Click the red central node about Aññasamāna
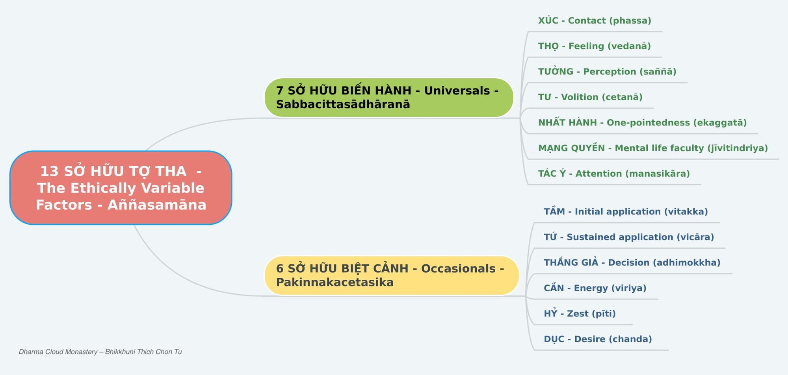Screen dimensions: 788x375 click(121, 188)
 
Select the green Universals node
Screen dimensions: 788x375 click(389, 98)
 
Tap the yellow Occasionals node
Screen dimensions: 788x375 click(392, 275)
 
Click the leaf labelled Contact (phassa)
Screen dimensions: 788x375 click(595, 20)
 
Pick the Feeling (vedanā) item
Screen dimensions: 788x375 click(595, 46)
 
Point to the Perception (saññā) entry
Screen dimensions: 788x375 click(607, 72)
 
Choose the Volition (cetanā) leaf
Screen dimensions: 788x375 click(590, 97)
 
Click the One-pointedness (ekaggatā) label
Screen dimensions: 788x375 click(643, 123)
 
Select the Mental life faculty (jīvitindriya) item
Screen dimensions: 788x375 click(653, 148)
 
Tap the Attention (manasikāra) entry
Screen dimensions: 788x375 click(614, 174)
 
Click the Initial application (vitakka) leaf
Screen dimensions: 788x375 click(626, 212)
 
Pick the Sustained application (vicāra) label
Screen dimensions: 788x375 click(629, 237)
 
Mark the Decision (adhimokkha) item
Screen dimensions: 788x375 click(632, 262)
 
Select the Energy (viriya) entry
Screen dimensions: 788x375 click(595, 288)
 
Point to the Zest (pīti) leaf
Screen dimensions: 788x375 click(580, 314)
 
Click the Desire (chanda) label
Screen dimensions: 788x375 click(598, 339)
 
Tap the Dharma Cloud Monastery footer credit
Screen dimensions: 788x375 click(100, 352)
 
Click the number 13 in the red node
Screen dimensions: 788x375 click(49, 171)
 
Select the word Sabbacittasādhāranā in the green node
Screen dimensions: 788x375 click(343, 104)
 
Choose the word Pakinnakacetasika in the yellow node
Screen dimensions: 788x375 click(335, 282)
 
